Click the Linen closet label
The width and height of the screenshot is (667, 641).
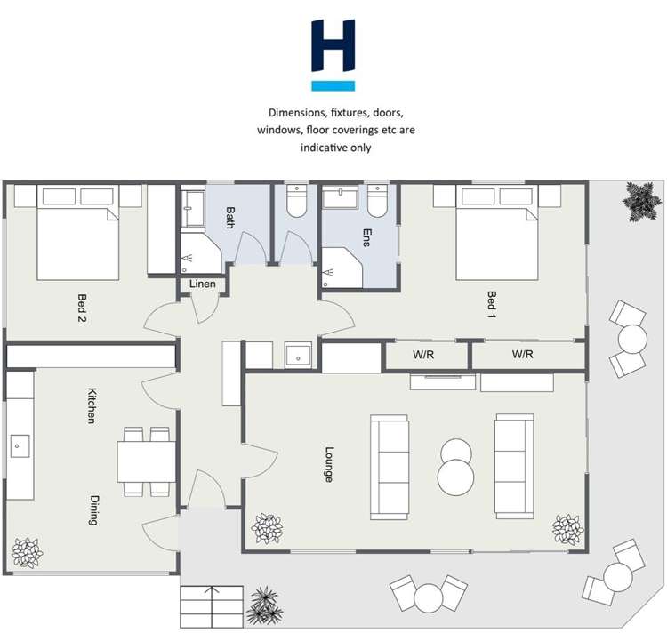tap(203, 284)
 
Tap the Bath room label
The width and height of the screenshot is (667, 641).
tap(230, 217)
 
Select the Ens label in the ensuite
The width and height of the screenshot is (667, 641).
tap(367, 237)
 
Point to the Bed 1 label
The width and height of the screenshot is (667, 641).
tap(492, 305)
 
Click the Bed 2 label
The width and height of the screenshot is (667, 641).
tap(82, 308)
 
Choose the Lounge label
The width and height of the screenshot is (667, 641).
tap(329, 464)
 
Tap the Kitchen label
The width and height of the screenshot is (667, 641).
tap(92, 405)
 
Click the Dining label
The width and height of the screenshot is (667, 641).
tap(94, 510)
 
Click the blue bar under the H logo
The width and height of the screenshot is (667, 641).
tap(333, 86)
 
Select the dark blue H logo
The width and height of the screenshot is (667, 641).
tap(333, 45)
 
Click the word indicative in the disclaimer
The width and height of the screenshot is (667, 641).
tap(324, 148)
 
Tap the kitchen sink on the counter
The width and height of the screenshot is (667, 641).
tap(20, 445)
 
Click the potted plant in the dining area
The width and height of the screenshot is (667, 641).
tap(27, 552)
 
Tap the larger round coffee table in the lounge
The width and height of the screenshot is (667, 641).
tap(456, 477)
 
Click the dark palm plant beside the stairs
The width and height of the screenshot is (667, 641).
tap(265, 605)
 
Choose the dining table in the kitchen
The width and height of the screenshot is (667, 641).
tap(147, 461)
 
